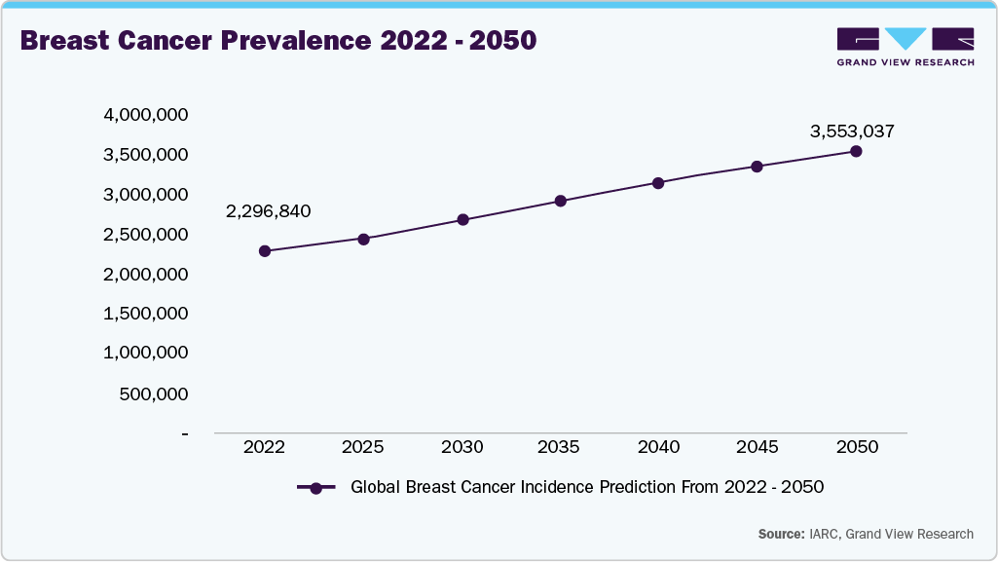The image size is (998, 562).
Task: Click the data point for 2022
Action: (x=264, y=251)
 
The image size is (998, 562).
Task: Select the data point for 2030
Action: (x=462, y=220)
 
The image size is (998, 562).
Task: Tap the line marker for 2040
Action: (x=658, y=183)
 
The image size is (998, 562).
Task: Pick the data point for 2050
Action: (x=856, y=151)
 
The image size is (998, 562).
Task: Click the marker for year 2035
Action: (x=561, y=202)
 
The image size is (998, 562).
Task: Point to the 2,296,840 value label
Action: (x=268, y=211)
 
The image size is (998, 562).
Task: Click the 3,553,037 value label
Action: (x=852, y=131)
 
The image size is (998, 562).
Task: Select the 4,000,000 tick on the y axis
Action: (x=145, y=115)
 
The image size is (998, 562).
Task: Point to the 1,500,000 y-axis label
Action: (x=145, y=314)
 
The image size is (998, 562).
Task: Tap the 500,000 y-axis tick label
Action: (x=153, y=393)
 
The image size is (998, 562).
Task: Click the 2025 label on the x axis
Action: (x=362, y=447)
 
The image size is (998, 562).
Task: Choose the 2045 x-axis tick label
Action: (x=757, y=447)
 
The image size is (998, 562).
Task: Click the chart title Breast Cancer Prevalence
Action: (x=277, y=42)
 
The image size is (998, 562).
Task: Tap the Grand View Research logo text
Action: (x=905, y=63)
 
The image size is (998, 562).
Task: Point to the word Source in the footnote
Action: (x=781, y=534)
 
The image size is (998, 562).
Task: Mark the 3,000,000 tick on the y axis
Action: (x=145, y=195)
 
